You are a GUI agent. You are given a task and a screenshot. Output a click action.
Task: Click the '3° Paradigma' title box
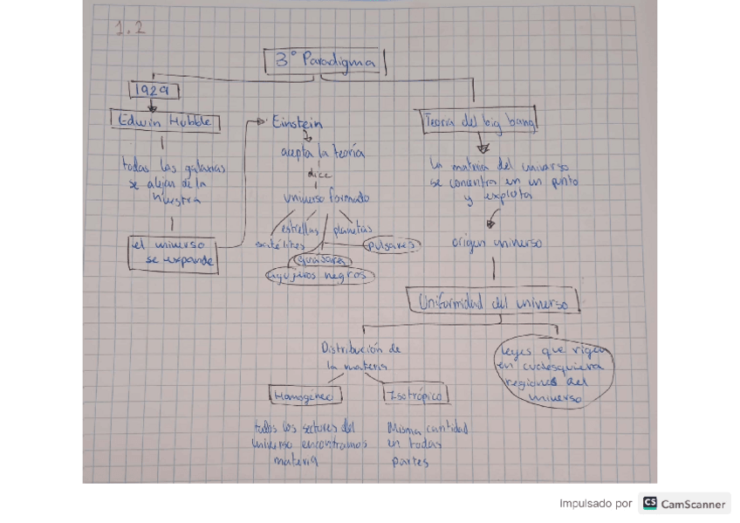click(325, 62)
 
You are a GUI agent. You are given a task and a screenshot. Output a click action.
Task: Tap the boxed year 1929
click(154, 91)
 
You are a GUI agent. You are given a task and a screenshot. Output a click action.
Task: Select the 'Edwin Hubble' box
click(165, 122)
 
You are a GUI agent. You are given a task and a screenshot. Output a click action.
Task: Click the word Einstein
click(297, 123)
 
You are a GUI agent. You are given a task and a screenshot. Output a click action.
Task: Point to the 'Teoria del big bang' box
click(479, 122)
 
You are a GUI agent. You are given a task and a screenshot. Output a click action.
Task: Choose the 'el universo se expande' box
click(173, 253)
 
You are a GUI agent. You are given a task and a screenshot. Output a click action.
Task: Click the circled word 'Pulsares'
click(391, 245)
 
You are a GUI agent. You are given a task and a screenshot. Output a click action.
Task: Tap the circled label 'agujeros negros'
click(320, 276)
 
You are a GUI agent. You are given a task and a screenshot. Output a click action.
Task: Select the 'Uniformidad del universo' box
click(493, 302)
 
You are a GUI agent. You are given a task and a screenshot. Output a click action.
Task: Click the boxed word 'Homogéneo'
click(305, 396)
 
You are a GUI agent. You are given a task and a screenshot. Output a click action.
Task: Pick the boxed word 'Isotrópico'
click(416, 396)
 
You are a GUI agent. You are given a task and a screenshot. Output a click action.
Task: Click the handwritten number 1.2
click(129, 29)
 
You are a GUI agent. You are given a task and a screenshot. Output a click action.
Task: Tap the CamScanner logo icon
click(649, 504)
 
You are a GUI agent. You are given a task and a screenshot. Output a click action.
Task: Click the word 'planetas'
click(353, 229)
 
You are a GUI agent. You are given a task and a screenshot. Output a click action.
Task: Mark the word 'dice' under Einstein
click(319, 175)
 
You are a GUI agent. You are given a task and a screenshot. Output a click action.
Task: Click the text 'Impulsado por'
click(595, 504)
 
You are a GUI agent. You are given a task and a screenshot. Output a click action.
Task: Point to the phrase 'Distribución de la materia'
click(360, 357)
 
